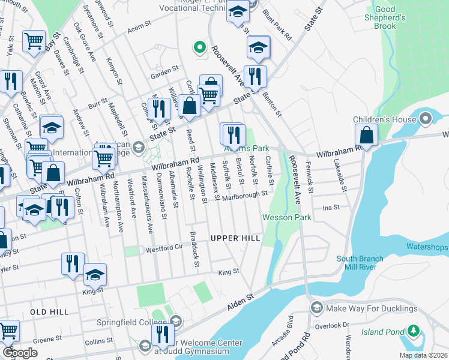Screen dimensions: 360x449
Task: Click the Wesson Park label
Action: click(x=286, y=217)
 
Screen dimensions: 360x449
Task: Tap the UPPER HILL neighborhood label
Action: click(x=235, y=238)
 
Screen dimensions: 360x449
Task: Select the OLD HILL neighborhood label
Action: click(x=47, y=312)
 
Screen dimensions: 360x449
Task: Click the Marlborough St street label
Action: click(x=244, y=196)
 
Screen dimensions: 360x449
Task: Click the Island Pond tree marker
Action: click(x=413, y=331)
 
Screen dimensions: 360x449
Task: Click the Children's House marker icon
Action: click(x=427, y=116)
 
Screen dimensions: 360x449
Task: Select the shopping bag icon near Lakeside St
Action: click(x=366, y=137)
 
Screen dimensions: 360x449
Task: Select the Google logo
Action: click(x=20, y=352)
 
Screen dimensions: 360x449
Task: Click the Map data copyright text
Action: click(x=423, y=355)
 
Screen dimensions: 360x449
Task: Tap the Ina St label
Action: click(x=331, y=207)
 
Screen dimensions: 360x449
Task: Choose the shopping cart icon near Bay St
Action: click(x=34, y=41)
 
